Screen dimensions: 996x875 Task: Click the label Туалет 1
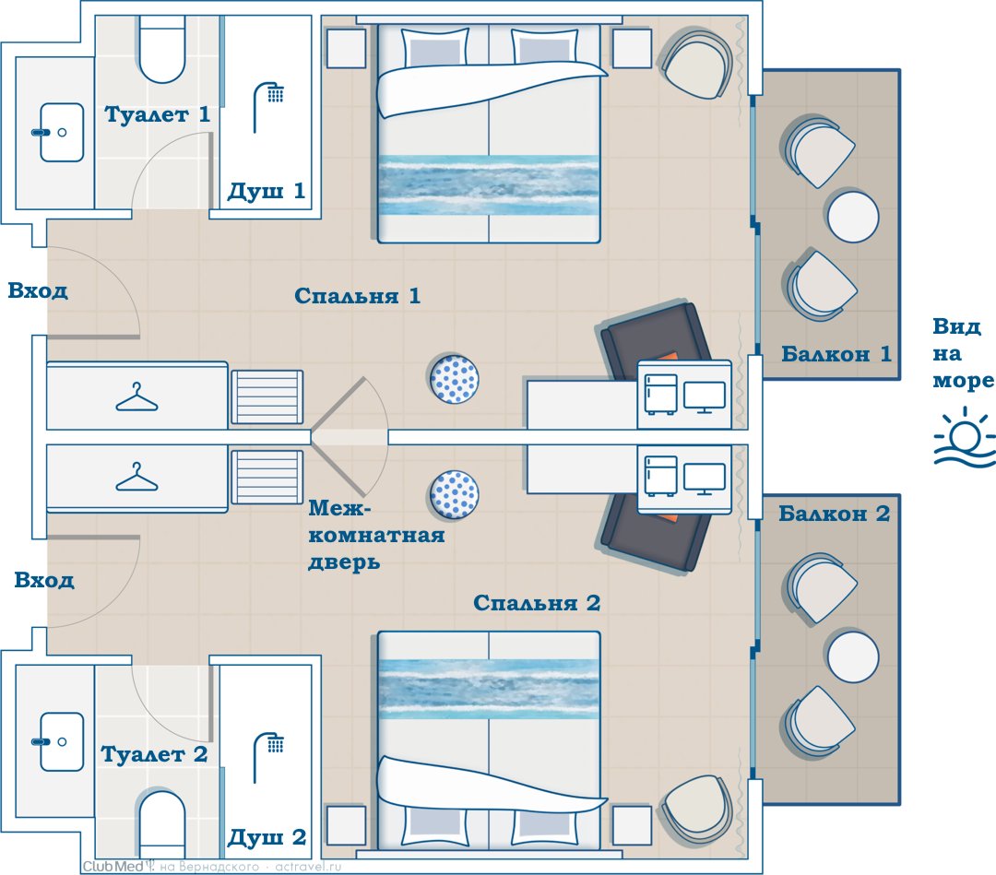tap(157, 114)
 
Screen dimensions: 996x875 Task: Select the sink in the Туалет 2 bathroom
tap(58, 741)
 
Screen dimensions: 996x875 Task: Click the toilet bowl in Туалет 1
tap(162, 51)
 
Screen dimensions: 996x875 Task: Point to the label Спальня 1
tap(358, 296)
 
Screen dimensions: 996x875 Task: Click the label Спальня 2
tap(537, 603)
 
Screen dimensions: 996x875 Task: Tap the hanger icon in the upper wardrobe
tap(136, 396)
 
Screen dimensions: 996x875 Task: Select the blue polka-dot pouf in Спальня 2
tap(454, 495)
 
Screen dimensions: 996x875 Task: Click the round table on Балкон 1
tap(853, 218)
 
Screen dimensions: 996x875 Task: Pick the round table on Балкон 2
tap(853, 656)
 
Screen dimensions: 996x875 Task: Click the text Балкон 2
tap(834, 513)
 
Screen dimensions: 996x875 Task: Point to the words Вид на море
tap(963, 353)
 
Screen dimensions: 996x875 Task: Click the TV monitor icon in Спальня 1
tap(705, 397)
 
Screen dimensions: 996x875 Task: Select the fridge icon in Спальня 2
tap(660, 476)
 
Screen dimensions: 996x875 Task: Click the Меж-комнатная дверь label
tap(376, 535)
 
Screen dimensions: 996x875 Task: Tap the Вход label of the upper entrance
tap(38, 290)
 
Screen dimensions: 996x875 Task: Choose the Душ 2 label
tap(267, 837)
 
